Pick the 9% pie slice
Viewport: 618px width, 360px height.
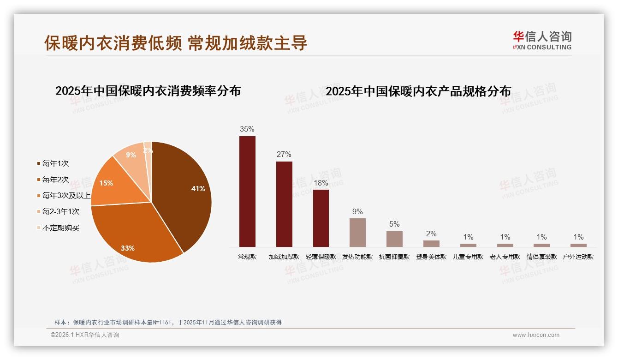tap(131, 156)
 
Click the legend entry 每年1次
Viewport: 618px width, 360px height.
tap(55, 163)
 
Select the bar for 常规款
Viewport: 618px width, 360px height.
tap(247, 191)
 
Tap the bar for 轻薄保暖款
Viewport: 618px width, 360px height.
tap(321, 218)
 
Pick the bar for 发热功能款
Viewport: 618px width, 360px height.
tap(357, 232)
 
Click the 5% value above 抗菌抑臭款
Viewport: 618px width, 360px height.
tap(394, 224)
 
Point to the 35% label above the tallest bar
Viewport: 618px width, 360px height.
tap(247, 129)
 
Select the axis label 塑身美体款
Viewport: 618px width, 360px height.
tap(431, 257)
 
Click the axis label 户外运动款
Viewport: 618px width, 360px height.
tap(578, 257)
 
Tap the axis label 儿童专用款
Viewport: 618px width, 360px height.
tap(468, 257)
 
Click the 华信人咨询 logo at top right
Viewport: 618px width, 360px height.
tap(542, 40)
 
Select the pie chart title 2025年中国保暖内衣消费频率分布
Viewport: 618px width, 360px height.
tap(148, 91)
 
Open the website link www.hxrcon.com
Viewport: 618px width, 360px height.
tap(536, 335)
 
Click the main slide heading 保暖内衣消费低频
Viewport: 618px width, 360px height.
tap(113, 43)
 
